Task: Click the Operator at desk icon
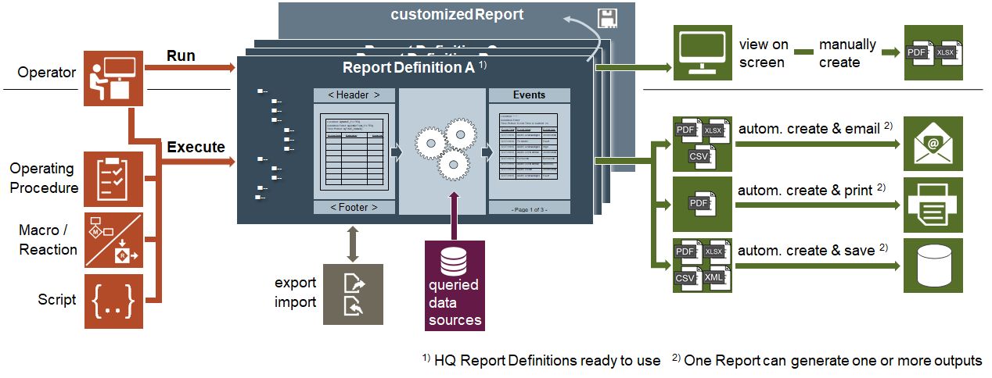[113, 78]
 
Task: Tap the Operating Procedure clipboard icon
[113, 179]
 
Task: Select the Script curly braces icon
[113, 301]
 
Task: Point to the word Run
[181, 56]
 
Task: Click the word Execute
[196, 147]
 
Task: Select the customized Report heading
[457, 15]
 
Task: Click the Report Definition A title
[408, 67]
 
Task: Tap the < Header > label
[354, 95]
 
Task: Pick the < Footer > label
[354, 207]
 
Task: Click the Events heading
[529, 95]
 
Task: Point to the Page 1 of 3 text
[529, 209]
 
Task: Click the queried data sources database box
[455, 285]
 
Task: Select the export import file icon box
[353, 294]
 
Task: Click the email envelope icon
[933, 144]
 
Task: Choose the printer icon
[933, 204]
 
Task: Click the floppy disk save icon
[607, 18]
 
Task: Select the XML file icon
[713, 277]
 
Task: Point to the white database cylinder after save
[933, 266]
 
